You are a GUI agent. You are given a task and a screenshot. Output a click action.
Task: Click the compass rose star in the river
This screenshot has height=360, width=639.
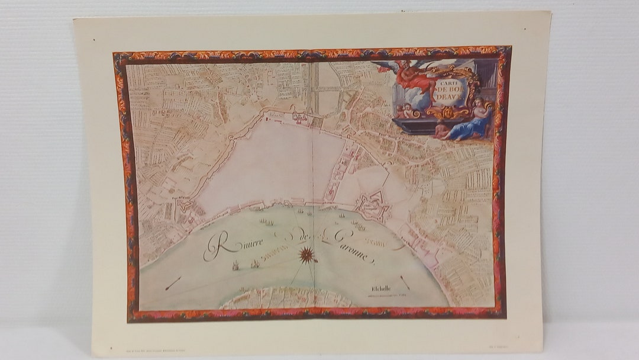coord(306,255)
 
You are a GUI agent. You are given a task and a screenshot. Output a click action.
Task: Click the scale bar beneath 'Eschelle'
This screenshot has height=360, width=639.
coord(385,294)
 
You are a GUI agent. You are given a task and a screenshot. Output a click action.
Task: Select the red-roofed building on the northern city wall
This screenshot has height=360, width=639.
coord(299,117)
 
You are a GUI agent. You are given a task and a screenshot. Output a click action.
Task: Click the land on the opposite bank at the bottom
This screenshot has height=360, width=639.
coord(284,298)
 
